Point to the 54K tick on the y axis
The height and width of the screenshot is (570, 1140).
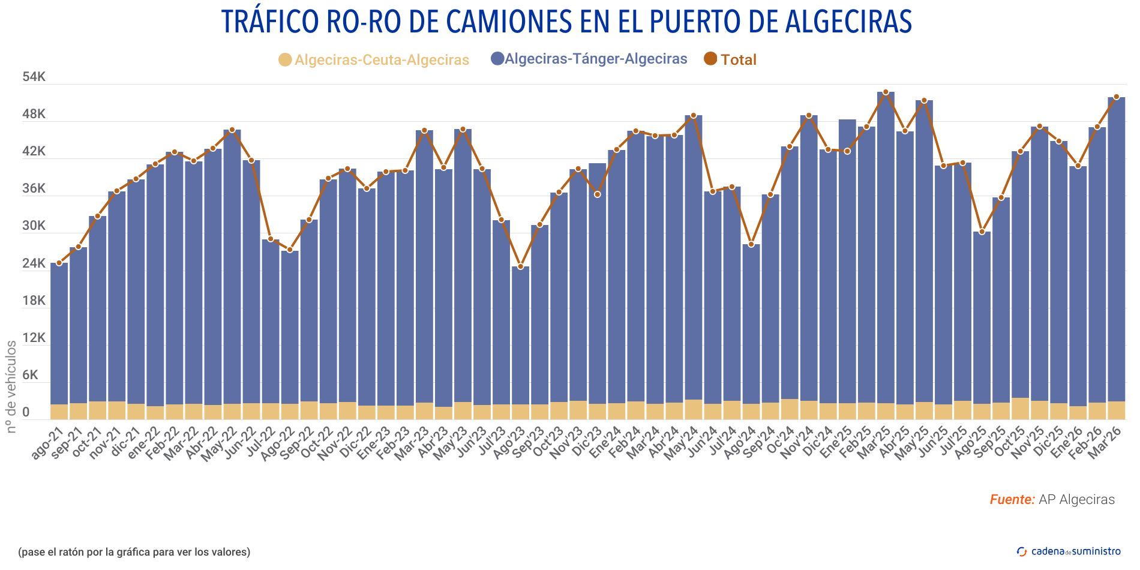point(34,77)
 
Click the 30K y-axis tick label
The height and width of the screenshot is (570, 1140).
point(34,226)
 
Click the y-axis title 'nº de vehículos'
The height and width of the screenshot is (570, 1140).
point(11,386)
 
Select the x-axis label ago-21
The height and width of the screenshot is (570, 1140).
point(47,445)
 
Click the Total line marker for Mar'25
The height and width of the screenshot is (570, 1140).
point(886,92)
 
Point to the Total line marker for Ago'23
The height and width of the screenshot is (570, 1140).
point(521,266)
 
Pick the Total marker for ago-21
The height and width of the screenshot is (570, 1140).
point(59,263)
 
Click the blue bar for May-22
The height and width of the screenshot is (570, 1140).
point(232,264)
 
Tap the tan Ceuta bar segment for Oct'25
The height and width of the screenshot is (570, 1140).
point(1020,409)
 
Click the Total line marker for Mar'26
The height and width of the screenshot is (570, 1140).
point(1117,97)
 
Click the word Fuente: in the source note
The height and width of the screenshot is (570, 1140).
point(1012,500)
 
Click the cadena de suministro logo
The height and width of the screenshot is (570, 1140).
point(1069,551)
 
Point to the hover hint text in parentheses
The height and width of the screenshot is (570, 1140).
point(134,552)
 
